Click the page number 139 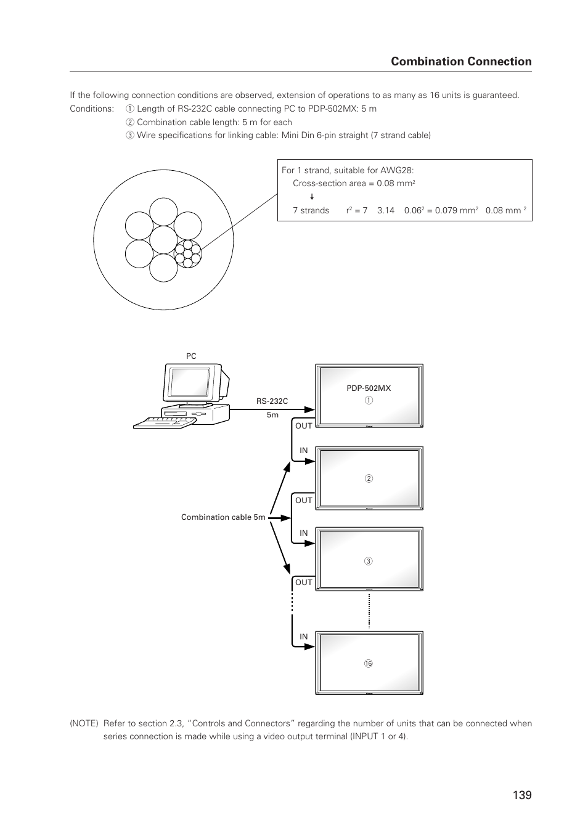click(521, 795)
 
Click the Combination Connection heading click(461, 61)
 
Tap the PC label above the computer click(191, 356)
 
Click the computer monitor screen click(190, 382)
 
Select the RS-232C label click(272, 401)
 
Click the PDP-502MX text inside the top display click(369, 388)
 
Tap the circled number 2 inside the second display click(369, 478)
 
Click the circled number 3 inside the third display click(369, 561)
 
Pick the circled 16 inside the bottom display click(369, 663)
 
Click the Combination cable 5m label click(223, 517)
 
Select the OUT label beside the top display click(304, 426)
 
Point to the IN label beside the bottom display click(304, 637)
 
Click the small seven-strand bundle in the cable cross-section click(188, 253)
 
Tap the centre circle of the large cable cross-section click(163, 240)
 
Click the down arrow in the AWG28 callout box click(312, 197)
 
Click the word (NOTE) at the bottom click(84, 724)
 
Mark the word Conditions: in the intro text click(92, 109)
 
